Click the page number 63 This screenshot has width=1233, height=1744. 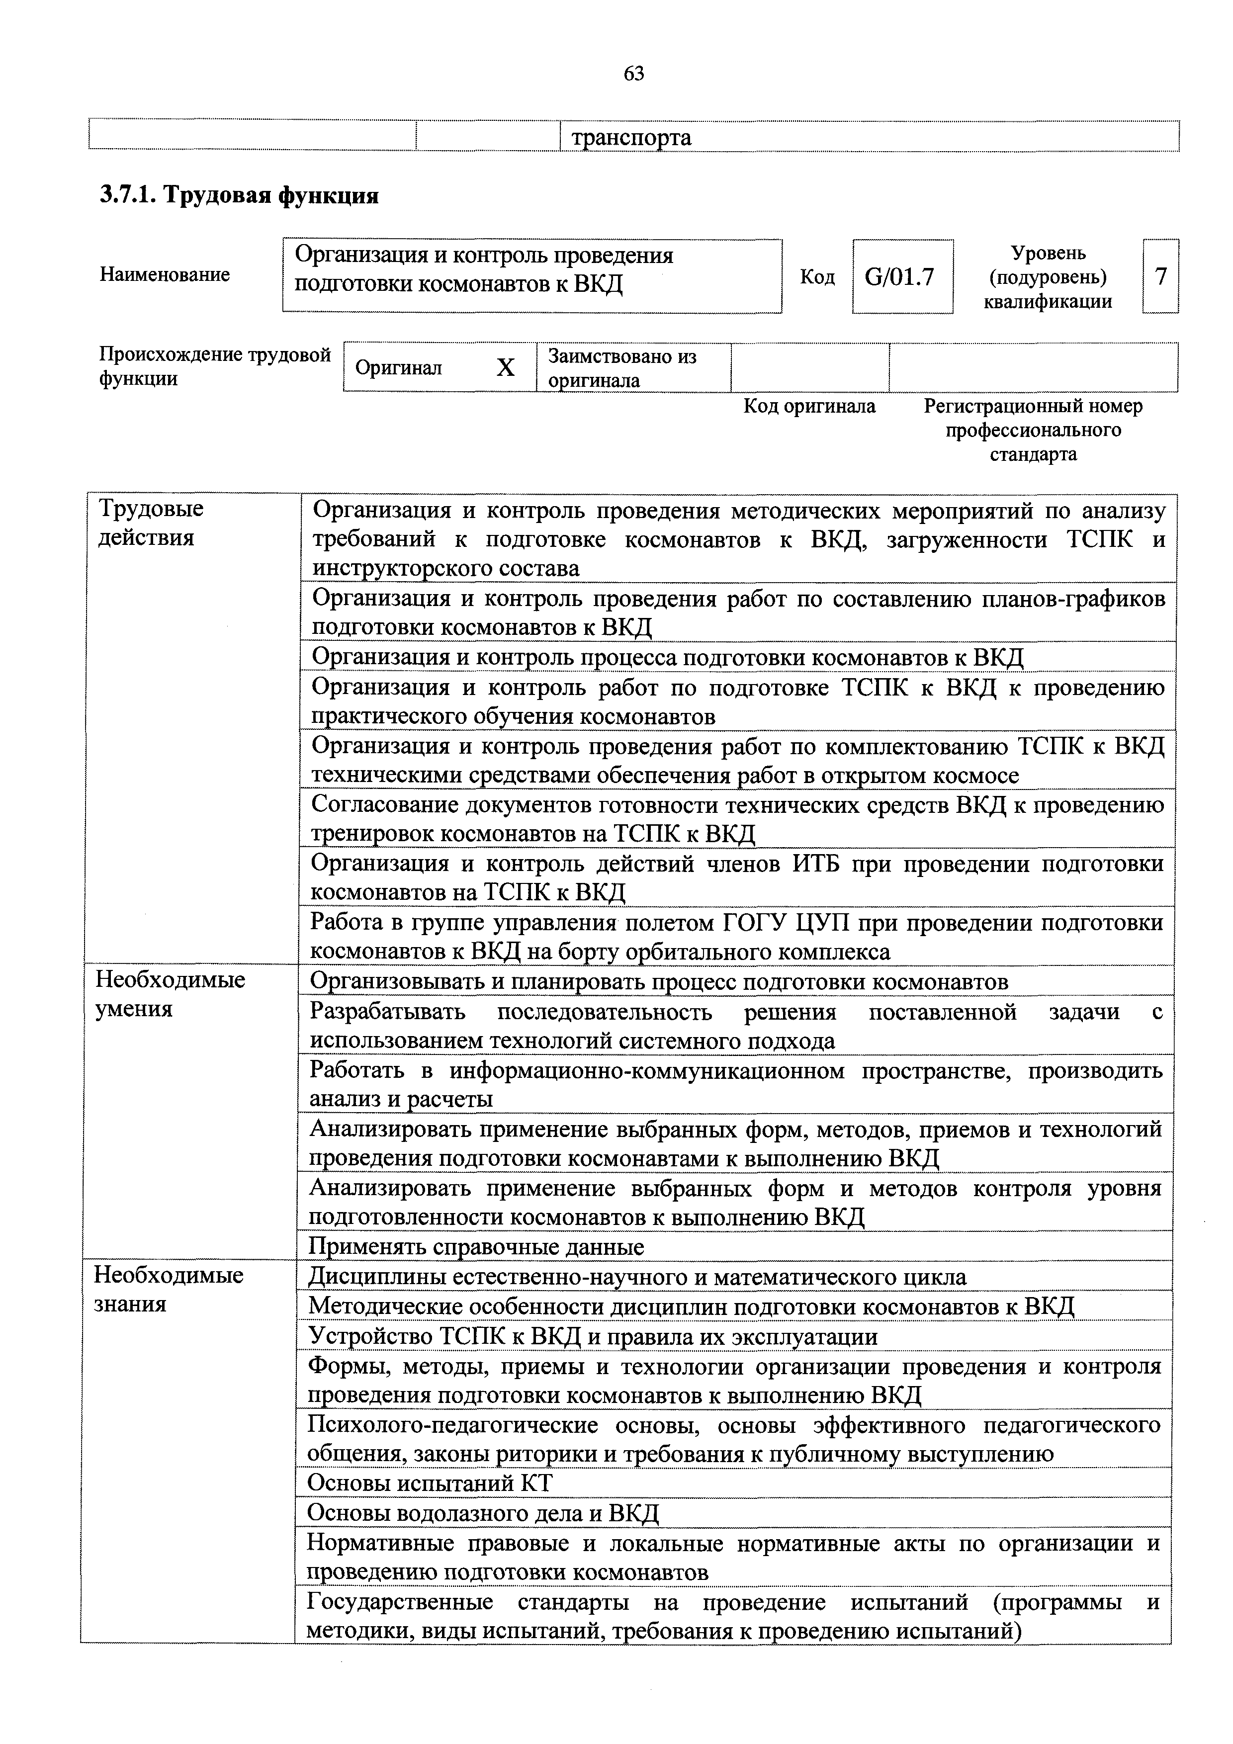[x=633, y=74]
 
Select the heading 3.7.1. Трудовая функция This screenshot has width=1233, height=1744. [x=239, y=195]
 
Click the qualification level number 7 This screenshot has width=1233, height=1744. [x=1160, y=276]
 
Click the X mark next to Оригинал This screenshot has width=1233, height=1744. [x=505, y=367]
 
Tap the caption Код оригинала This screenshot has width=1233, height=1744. [x=809, y=406]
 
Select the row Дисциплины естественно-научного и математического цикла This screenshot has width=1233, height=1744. [x=636, y=1276]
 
